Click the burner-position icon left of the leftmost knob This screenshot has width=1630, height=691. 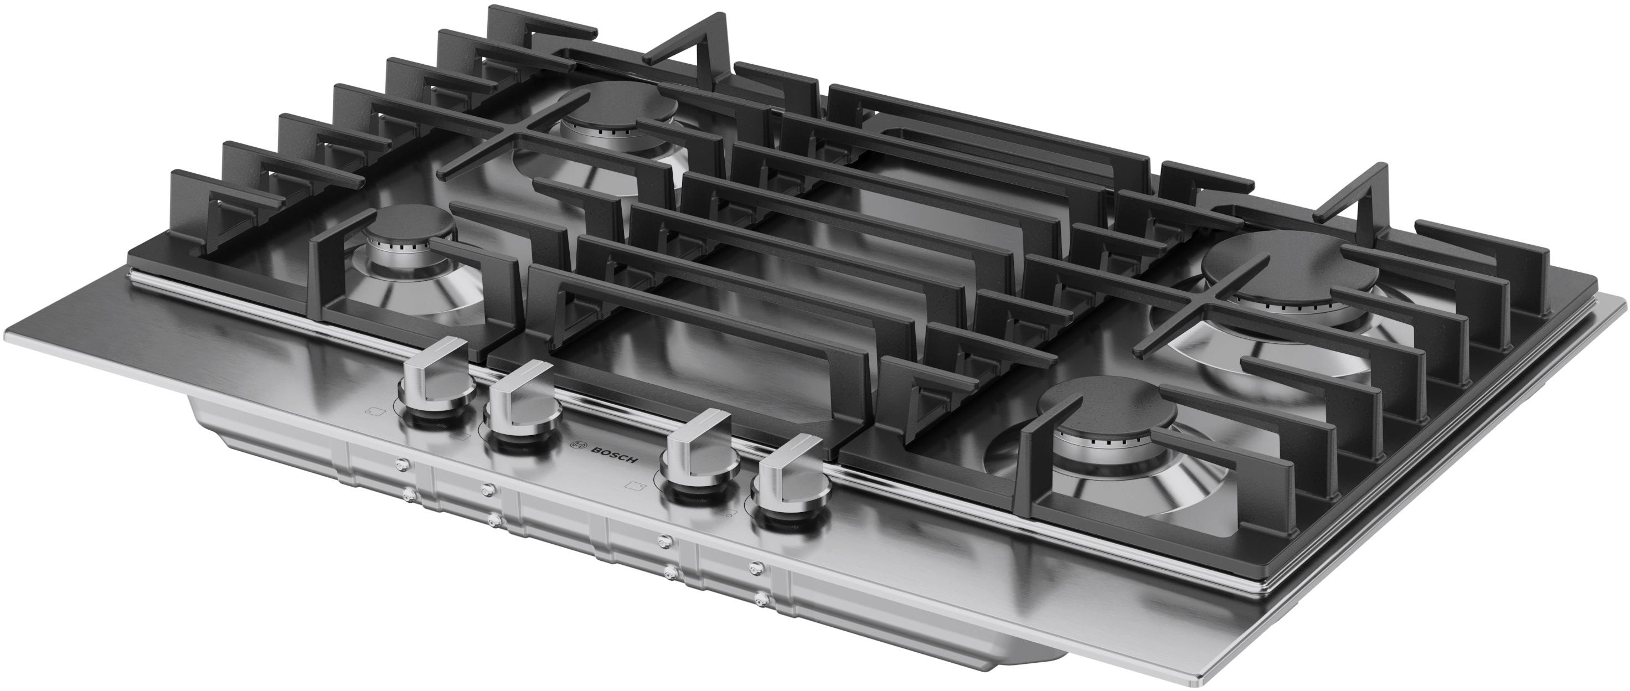pyautogui.click(x=376, y=412)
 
